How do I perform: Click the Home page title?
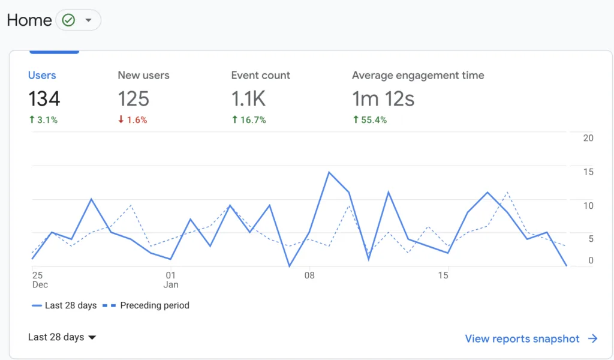coord(29,20)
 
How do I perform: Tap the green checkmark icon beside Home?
coord(68,20)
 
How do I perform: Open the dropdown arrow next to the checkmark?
coord(89,20)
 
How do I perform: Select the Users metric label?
coord(42,75)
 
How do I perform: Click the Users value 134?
coord(44,98)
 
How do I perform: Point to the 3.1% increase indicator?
coord(43,120)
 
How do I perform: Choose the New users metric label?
coord(143,75)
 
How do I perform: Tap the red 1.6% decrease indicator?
coord(133,120)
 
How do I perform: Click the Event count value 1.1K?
coord(248,98)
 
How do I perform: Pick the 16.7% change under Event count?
coord(249,120)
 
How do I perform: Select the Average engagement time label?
coord(418,75)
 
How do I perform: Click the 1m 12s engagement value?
coord(383,98)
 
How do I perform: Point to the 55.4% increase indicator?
coord(369,120)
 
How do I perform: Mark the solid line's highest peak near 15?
coord(329,172)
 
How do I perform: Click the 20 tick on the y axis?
coord(588,138)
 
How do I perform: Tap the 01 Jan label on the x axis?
coord(171,280)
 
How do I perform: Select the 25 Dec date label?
coord(40,280)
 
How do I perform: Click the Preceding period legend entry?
coord(146,305)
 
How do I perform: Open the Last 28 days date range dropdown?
coord(62,337)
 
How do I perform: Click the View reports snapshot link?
coord(531,339)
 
